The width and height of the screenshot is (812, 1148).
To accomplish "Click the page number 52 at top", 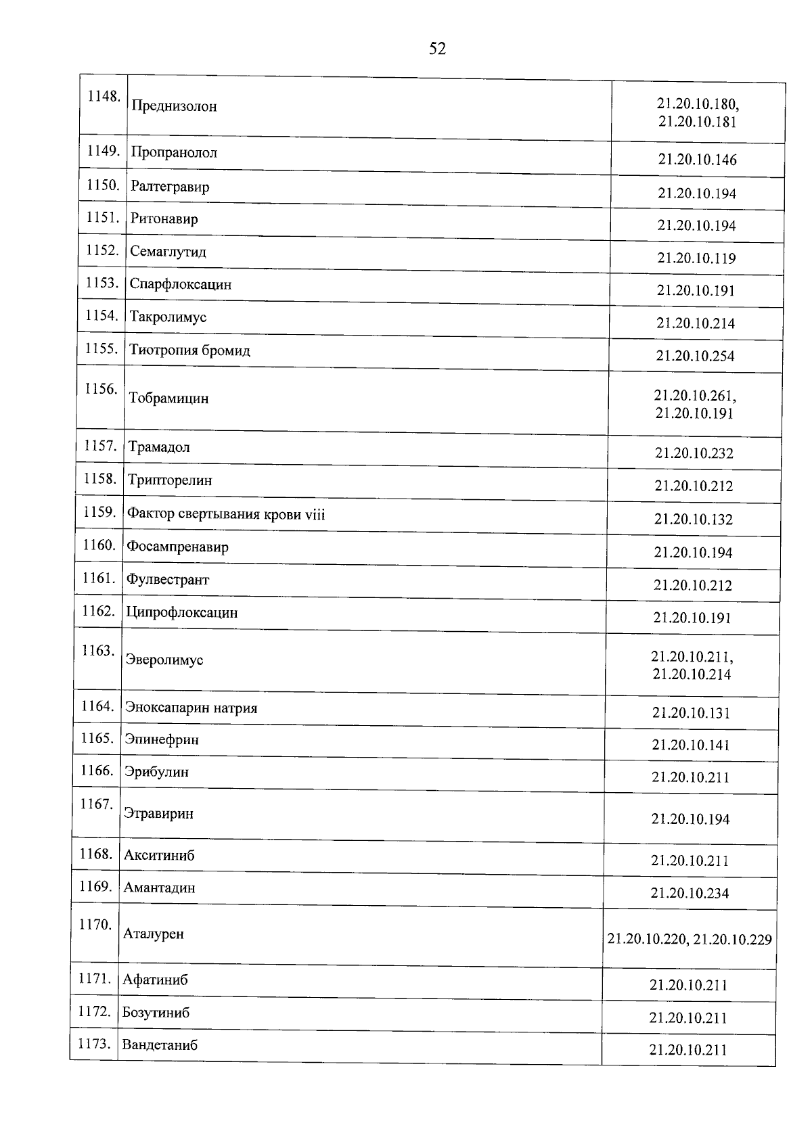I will pyautogui.click(x=437, y=49).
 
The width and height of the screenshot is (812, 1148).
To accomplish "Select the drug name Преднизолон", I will pyautogui.click(x=174, y=106).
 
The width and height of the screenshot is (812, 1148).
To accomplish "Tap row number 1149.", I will pyautogui.click(x=103, y=151).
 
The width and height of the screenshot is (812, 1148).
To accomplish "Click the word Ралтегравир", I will pyautogui.click(x=170, y=187).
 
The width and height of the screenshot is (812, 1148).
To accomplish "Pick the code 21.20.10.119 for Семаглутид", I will pyautogui.click(x=696, y=258).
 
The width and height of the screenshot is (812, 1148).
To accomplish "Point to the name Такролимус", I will pyautogui.click(x=168, y=317).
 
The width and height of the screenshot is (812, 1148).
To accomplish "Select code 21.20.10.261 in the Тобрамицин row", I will pyautogui.click(x=695, y=396).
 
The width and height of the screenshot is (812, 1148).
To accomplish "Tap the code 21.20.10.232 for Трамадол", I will pyautogui.click(x=694, y=453).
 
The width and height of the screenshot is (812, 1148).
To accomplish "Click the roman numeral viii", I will pyautogui.click(x=315, y=515).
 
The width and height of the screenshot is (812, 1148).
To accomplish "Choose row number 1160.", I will pyautogui.click(x=99, y=545).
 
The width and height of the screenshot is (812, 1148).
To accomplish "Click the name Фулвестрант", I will pyautogui.click(x=168, y=580).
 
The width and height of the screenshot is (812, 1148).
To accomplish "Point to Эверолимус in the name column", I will pyautogui.click(x=164, y=660).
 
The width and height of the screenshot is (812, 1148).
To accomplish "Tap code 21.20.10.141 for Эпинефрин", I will pyautogui.click(x=691, y=745).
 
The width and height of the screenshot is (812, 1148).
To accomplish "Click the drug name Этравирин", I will pyautogui.click(x=158, y=814).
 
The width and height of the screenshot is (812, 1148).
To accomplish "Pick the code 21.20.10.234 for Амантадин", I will pyautogui.click(x=690, y=894).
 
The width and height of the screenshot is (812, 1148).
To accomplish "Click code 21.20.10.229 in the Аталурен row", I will pyautogui.click(x=733, y=940).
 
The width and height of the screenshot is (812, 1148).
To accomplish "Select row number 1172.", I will pyautogui.click(x=94, y=1011).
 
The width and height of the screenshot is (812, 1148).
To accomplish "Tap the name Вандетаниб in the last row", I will pyautogui.click(x=160, y=1045).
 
